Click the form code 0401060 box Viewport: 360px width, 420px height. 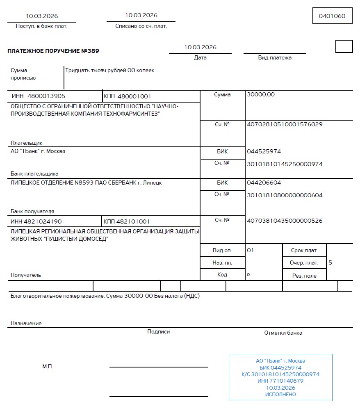click(332, 16)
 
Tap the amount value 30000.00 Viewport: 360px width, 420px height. click(261, 94)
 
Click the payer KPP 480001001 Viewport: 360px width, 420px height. click(134, 96)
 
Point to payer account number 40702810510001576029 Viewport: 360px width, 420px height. click(285, 124)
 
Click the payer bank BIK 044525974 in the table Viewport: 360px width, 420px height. click(264, 151)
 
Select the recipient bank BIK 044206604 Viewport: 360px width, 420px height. click(264, 183)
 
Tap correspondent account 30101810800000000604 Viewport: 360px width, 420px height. click(285, 195)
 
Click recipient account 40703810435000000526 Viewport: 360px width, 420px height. click(285, 221)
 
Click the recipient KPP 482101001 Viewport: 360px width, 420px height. click(133, 221)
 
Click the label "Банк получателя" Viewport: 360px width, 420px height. click(32, 212)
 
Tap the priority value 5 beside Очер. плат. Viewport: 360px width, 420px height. click(330, 262)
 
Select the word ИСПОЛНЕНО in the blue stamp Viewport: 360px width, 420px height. click(280, 395)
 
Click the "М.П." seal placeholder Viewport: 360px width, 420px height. click(48, 367)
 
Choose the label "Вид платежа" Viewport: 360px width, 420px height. click(275, 58)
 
